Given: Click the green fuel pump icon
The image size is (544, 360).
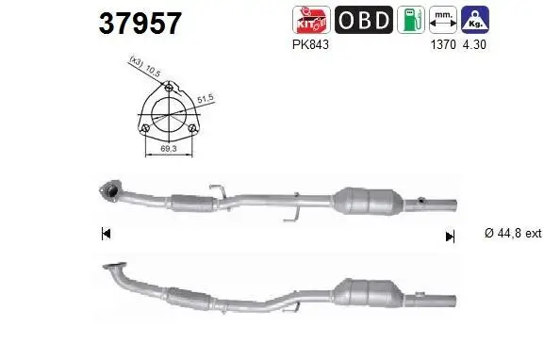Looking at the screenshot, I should tap(410, 20).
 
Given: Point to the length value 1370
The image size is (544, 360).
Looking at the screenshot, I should tap(442, 43).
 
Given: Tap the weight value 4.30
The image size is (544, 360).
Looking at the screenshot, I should tap(474, 43).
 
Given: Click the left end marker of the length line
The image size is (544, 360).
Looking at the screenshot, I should tap(106, 234).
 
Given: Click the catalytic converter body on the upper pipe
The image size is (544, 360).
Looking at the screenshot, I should tap(369, 199).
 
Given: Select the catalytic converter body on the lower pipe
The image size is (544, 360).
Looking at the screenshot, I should tap(374, 293).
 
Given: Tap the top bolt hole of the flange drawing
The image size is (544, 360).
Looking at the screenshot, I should tap(169, 90).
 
